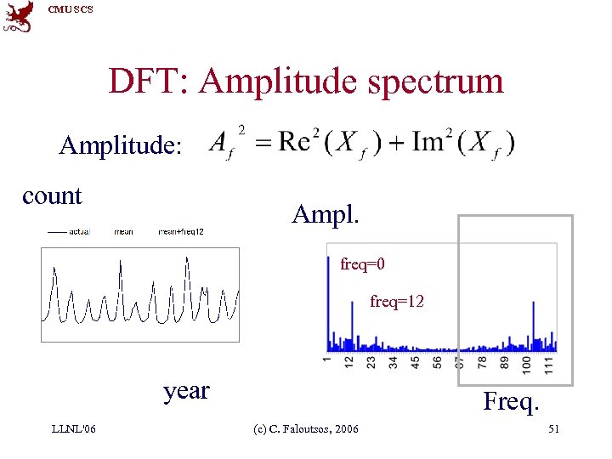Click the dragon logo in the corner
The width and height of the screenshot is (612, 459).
point(18,16)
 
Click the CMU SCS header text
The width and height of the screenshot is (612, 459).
point(71,9)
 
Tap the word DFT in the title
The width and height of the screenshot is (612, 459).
point(146,82)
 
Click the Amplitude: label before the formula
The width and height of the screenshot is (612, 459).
point(120,146)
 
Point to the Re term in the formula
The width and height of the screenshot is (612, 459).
point(293,141)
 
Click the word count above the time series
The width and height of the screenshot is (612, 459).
point(52,195)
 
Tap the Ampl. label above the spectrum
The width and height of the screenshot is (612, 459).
point(326,213)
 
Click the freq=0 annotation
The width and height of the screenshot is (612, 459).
point(363,264)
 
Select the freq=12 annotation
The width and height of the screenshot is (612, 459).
point(397,301)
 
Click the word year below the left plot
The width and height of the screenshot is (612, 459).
point(186,390)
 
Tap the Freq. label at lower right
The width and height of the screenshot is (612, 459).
point(511,400)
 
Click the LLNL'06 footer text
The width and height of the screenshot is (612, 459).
point(73,428)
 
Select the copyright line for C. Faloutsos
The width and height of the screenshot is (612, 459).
point(306,428)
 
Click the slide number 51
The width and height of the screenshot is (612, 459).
point(553,428)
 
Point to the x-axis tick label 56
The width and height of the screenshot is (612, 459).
point(437,363)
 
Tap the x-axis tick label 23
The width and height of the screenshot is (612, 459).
point(371,363)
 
